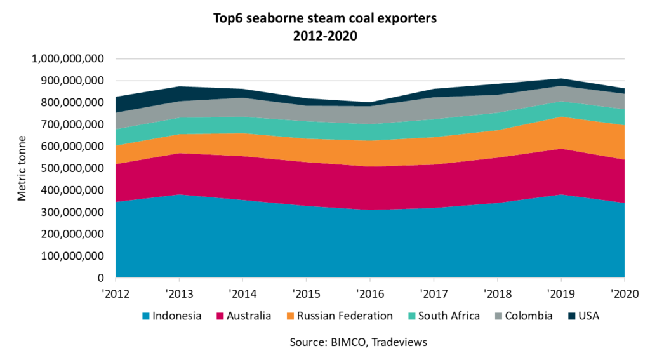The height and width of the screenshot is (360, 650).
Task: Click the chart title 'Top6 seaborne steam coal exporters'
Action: (325, 18)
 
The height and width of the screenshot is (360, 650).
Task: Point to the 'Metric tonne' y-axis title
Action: (22, 168)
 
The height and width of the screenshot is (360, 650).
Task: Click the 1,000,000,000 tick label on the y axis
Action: (67, 59)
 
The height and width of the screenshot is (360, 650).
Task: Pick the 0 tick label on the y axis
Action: (100, 278)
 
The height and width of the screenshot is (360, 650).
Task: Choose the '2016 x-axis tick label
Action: (369, 294)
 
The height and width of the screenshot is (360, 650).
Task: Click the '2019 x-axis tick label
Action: (560, 294)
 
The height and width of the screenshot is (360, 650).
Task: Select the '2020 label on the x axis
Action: (623, 294)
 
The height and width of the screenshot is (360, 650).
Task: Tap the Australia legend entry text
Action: (249, 316)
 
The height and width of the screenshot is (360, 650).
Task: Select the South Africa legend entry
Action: (448, 316)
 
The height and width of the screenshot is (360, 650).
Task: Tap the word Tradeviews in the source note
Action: (401, 342)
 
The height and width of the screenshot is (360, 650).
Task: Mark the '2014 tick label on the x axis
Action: (242, 294)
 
